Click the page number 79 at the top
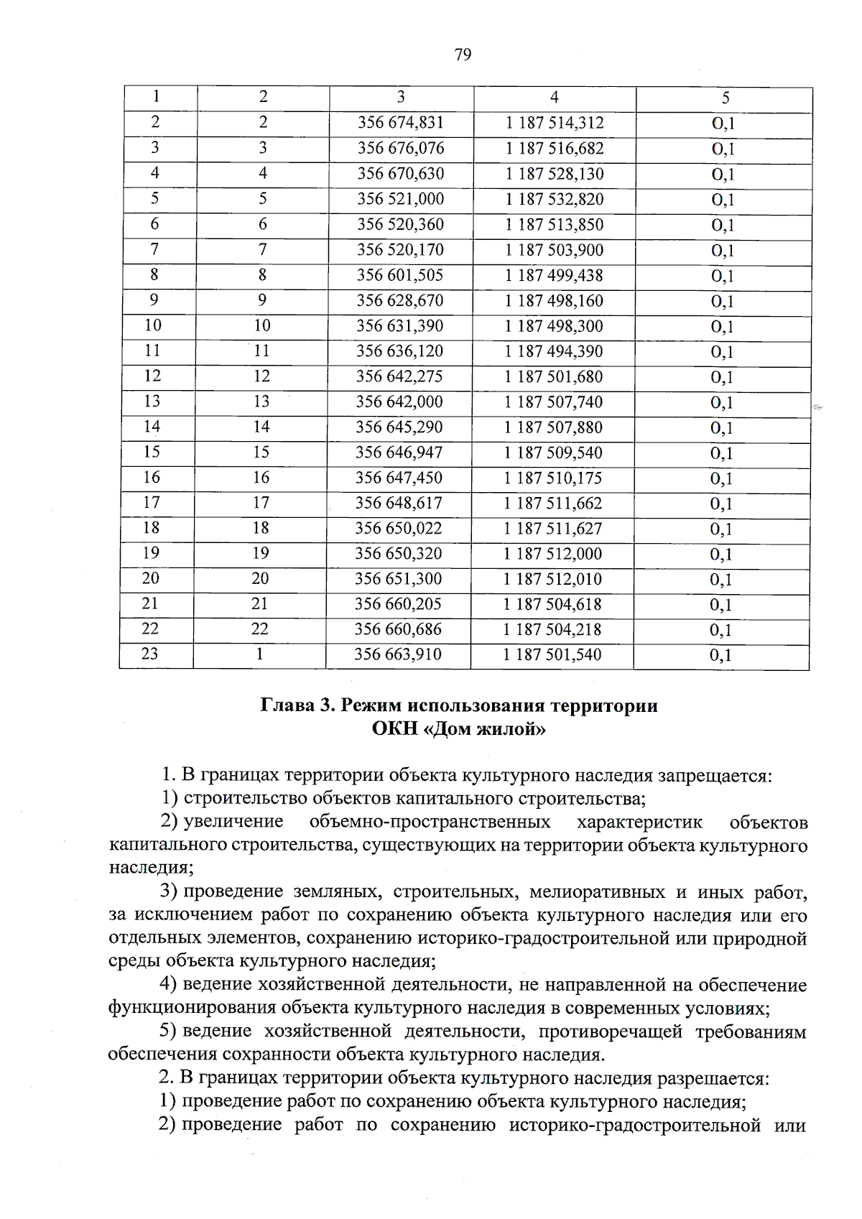[x=463, y=55]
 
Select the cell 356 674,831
[x=401, y=123]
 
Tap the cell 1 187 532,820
[x=554, y=199]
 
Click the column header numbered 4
[x=554, y=98]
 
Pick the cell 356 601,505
[x=400, y=275]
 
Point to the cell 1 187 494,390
[x=553, y=351]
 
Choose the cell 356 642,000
[x=399, y=402]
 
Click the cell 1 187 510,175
[x=552, y=478]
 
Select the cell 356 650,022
[x=399, y=528]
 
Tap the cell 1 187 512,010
[x=552, y=579]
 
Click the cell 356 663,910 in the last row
[x=398, y=654]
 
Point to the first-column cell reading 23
[x=149, y=654]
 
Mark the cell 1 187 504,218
[x=552, y=629]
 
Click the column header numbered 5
[x=725, y=98]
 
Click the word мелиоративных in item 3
[x=596, y=892]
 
